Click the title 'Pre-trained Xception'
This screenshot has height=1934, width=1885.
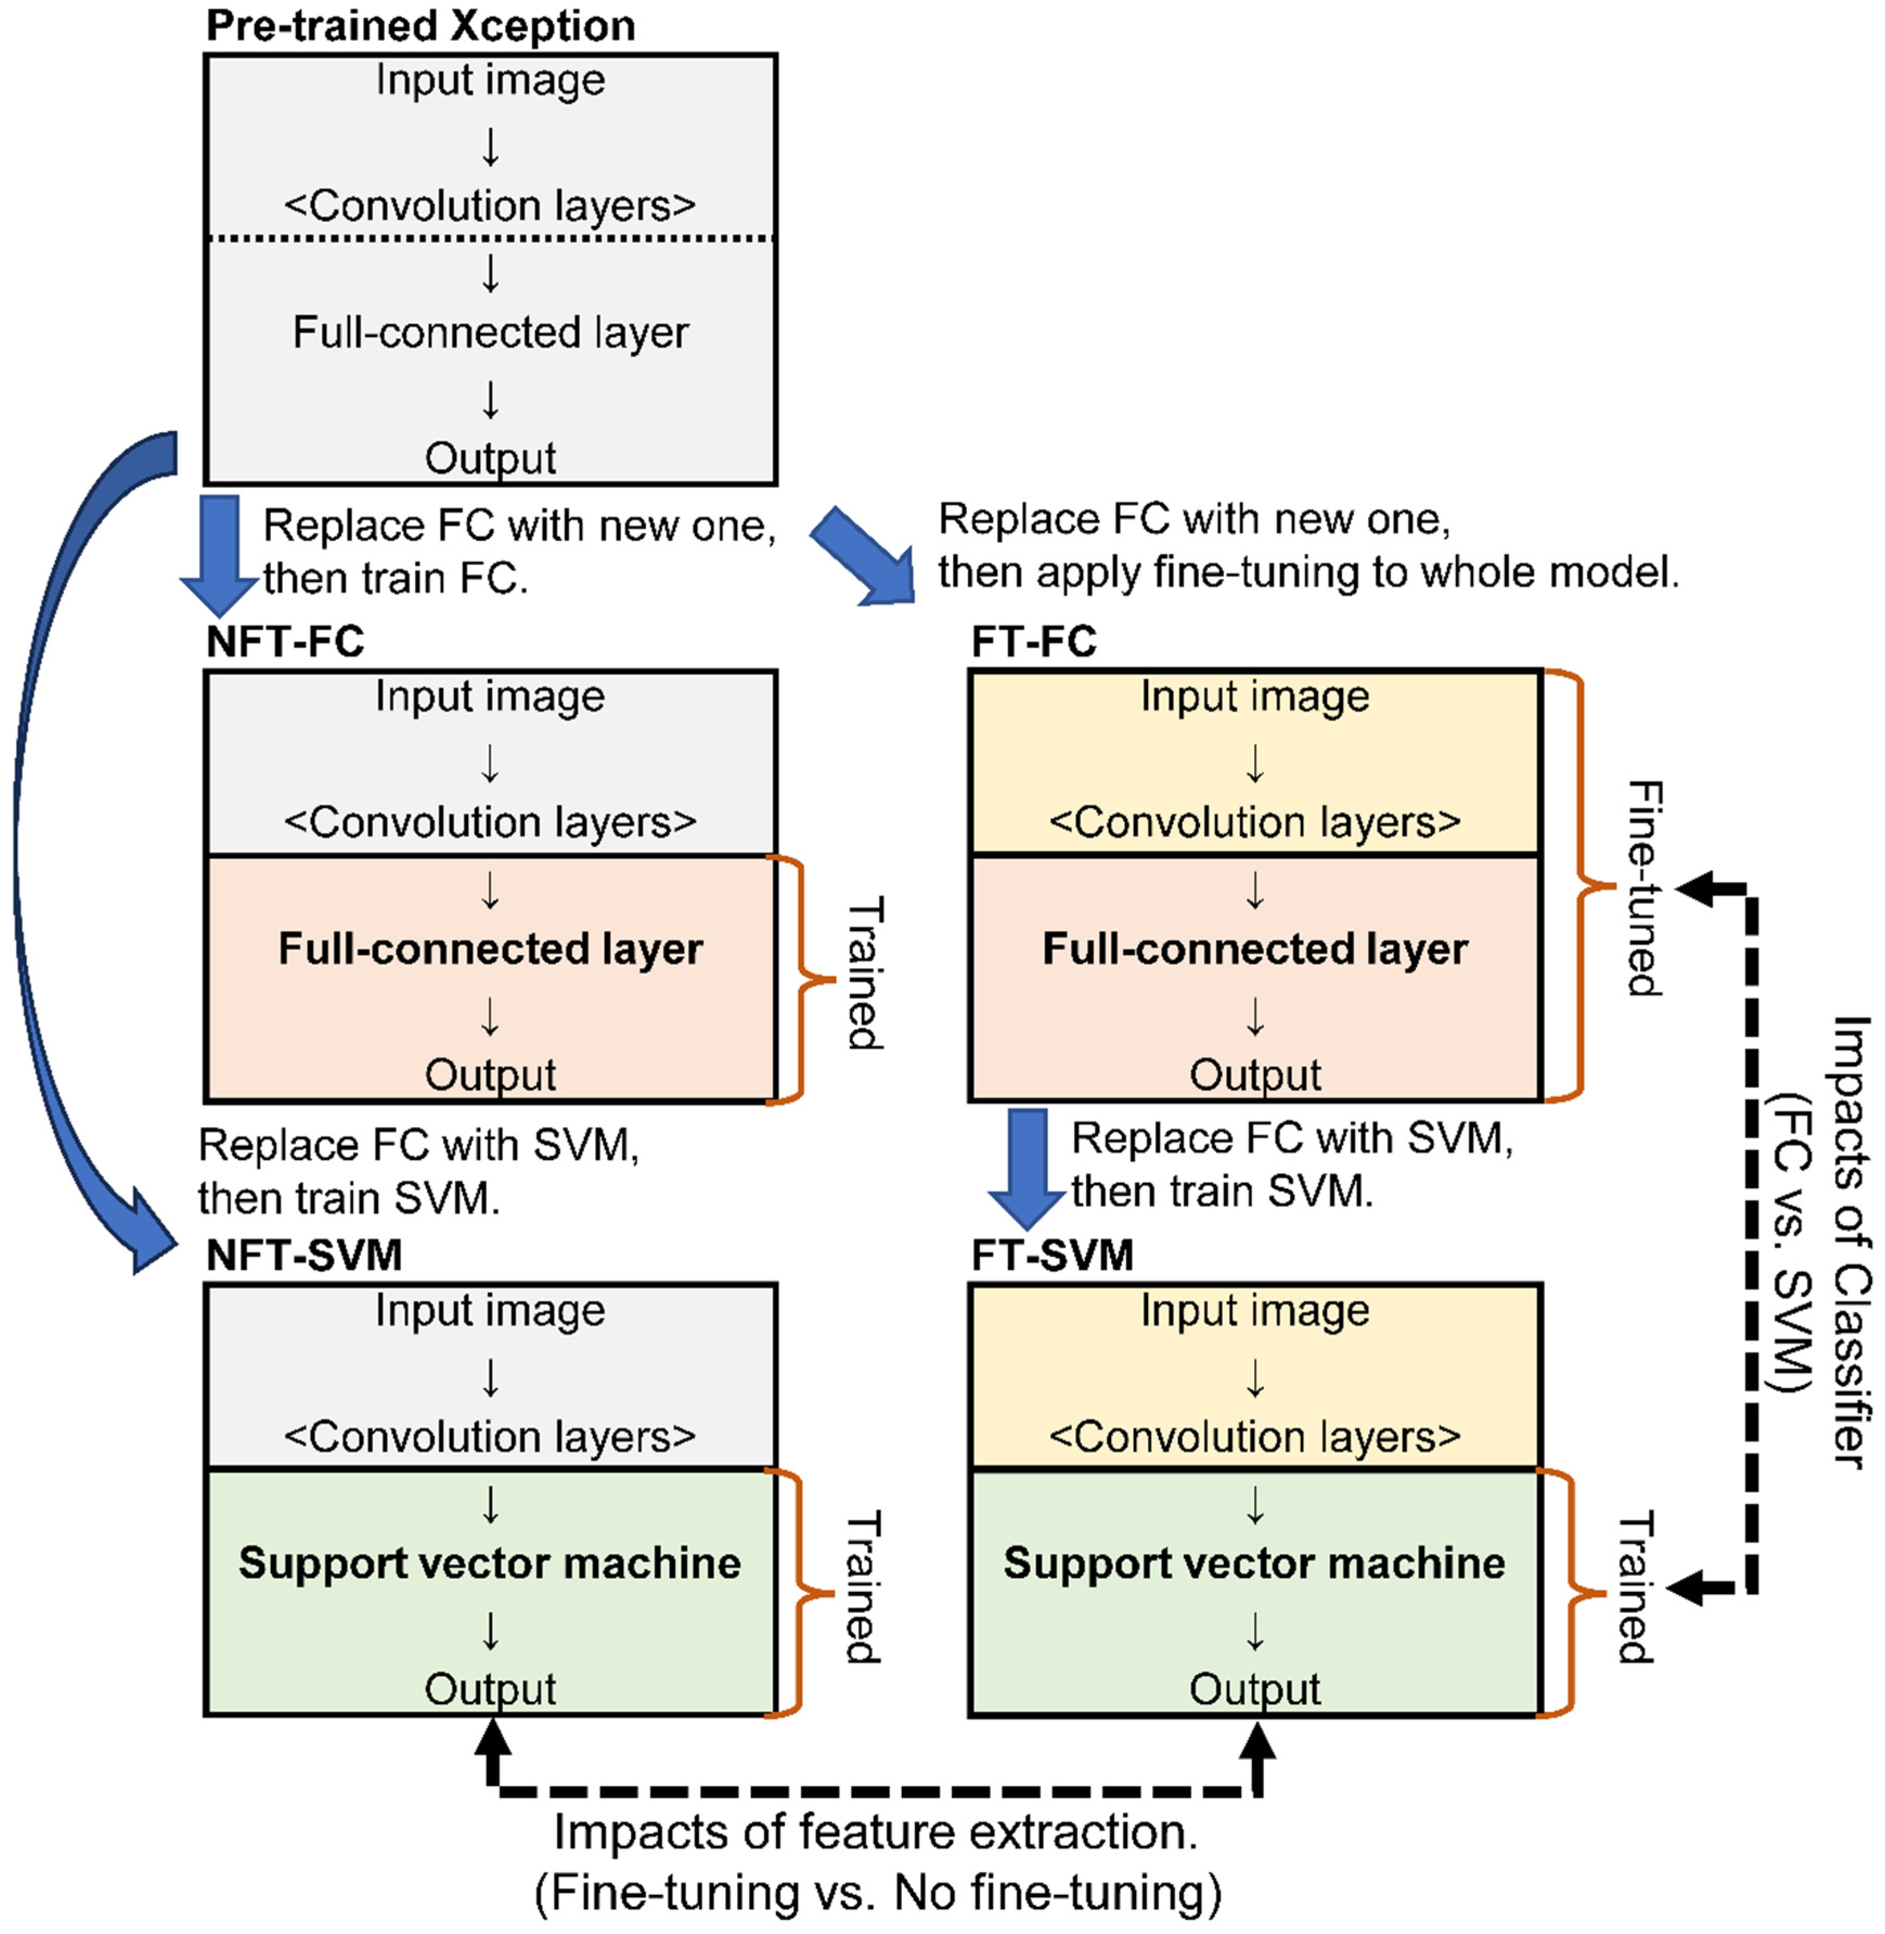coord(420,26)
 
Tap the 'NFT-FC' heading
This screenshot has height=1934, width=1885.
coord(285,642)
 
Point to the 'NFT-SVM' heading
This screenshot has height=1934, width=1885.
coord(304,1256)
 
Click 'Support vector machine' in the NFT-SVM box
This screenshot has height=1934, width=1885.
coord(490,1563)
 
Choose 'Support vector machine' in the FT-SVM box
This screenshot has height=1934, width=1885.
coord(1254,1563)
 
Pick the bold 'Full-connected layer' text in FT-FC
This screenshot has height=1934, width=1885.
coord(1254,949)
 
